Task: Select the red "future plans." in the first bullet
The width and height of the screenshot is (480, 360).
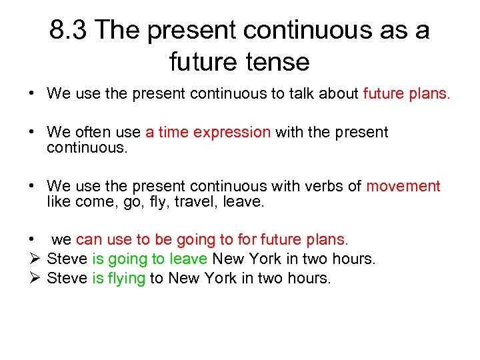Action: pos(407,94)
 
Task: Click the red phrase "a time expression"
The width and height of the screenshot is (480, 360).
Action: pos(207,132)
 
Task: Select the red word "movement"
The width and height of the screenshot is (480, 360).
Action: pos(403,186)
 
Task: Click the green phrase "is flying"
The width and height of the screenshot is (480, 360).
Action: pos(118,278)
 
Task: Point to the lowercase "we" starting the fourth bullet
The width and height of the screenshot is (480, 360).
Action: pos(61,239)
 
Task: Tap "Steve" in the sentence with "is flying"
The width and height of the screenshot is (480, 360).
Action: pos(67,278)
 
